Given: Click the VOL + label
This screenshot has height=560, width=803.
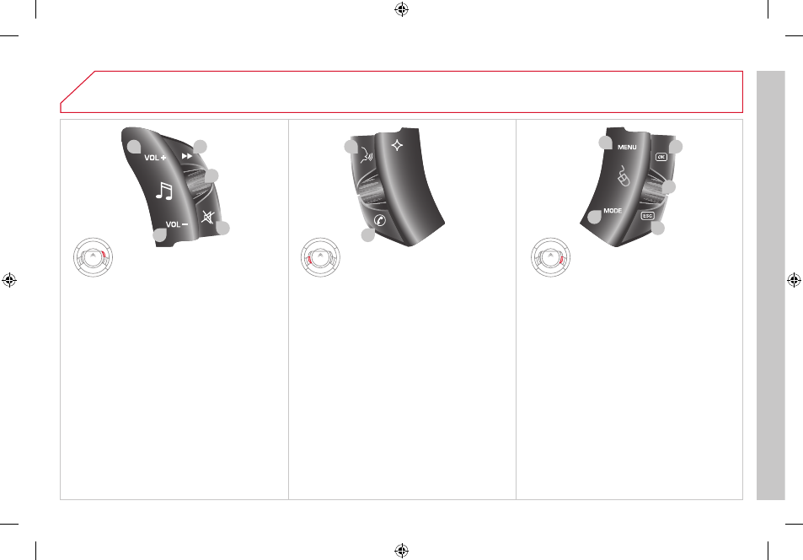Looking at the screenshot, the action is (x=155, y=158).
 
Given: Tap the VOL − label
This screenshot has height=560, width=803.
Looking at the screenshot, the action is (x=177, y=224).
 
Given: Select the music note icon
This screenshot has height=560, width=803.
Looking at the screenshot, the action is (x=164, y=191).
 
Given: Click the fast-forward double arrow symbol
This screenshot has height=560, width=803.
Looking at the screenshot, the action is (x=187, y=156).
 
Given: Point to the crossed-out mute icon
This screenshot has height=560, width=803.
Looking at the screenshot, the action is (x=207, y=218).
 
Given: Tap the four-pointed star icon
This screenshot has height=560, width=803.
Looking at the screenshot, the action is (x=397, y=146).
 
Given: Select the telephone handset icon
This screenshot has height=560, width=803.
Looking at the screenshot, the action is (x=380, y=220).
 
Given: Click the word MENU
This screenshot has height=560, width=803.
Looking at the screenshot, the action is (x=627, y=148).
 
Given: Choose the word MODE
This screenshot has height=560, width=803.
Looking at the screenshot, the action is (x=613, y=211).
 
